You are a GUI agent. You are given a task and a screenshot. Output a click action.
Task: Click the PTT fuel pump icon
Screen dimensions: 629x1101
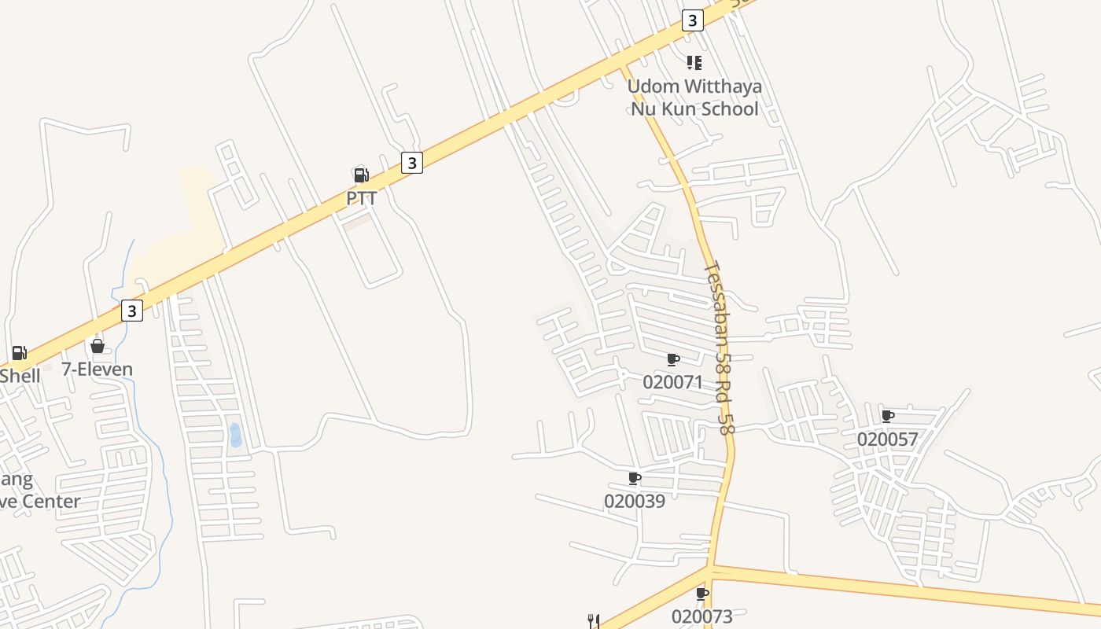pyautogui.click(x=361, y=175)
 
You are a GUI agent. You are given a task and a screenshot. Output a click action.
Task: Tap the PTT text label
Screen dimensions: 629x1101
pyautogui.click(x=362, y=198)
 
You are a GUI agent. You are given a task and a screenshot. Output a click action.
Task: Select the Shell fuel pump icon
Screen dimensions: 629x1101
pyautogui.click(x=20, y=353)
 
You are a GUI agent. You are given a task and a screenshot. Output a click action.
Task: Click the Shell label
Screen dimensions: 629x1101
pyautogui.click(x=20, y=375)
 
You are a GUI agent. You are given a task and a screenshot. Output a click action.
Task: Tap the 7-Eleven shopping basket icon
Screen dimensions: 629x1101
pyautogui.click(x=98, y=346)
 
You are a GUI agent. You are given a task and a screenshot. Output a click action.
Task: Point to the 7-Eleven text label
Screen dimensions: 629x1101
pyautogui.click(x=98, y=369)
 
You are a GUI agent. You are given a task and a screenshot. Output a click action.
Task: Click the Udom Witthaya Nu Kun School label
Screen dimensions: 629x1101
pyautogui.click(x=695, y=97)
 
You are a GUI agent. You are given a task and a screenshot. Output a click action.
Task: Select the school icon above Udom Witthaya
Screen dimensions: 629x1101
pyautogui.click(x=694, y=62)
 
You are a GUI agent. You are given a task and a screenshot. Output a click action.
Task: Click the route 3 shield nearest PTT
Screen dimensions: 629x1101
pyautogui.click(x=412, y=163)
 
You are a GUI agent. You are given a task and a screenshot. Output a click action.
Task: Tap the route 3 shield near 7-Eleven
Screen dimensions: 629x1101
pyautogui.click(x=132, y=311)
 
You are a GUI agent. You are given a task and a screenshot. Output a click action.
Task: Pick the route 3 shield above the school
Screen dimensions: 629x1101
pyautogui.click(x=692, y=20)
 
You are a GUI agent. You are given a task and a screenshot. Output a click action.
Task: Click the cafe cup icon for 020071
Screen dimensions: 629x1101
pyautogui.click(x=673, y=360)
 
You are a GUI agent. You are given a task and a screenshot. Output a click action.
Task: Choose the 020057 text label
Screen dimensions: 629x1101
pyautogui.click(x=887, y=439)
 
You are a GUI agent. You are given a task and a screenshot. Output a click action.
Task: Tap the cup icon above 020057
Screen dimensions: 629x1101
pyautogui.click(x=888, y=416)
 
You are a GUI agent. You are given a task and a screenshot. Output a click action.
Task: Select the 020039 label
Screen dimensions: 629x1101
pyautogui.click(x=634, y=501)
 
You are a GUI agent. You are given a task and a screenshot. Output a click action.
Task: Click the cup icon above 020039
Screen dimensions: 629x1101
pyautogui.click(x=635, y=478)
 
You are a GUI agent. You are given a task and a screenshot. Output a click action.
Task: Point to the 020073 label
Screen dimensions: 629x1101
pyautogui.click(x=701, y=616)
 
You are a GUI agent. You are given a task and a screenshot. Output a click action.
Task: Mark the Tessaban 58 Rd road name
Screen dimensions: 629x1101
pyautogui.click(x=719, y=348)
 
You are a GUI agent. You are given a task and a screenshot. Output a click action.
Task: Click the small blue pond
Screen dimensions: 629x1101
pyautogui.click(x=235, y=434)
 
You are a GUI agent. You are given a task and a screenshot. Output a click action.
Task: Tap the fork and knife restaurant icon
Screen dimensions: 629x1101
pyautogui.click(x=594, y=621)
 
